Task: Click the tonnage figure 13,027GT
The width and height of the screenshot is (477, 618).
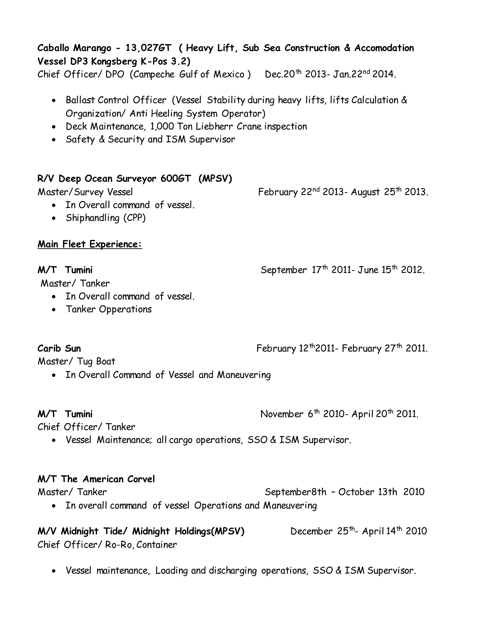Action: (148, 48)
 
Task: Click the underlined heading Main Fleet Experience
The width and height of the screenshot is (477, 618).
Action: (90, 244)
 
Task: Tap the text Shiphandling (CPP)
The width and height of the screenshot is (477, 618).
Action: (106, 218)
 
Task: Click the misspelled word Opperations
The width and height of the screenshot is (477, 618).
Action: (125, 309)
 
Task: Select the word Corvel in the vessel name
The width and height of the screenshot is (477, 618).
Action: (141, 479)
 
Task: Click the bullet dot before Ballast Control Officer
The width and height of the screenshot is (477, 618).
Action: (54, 101)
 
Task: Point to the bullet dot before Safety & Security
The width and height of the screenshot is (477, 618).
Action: (54, 139)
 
